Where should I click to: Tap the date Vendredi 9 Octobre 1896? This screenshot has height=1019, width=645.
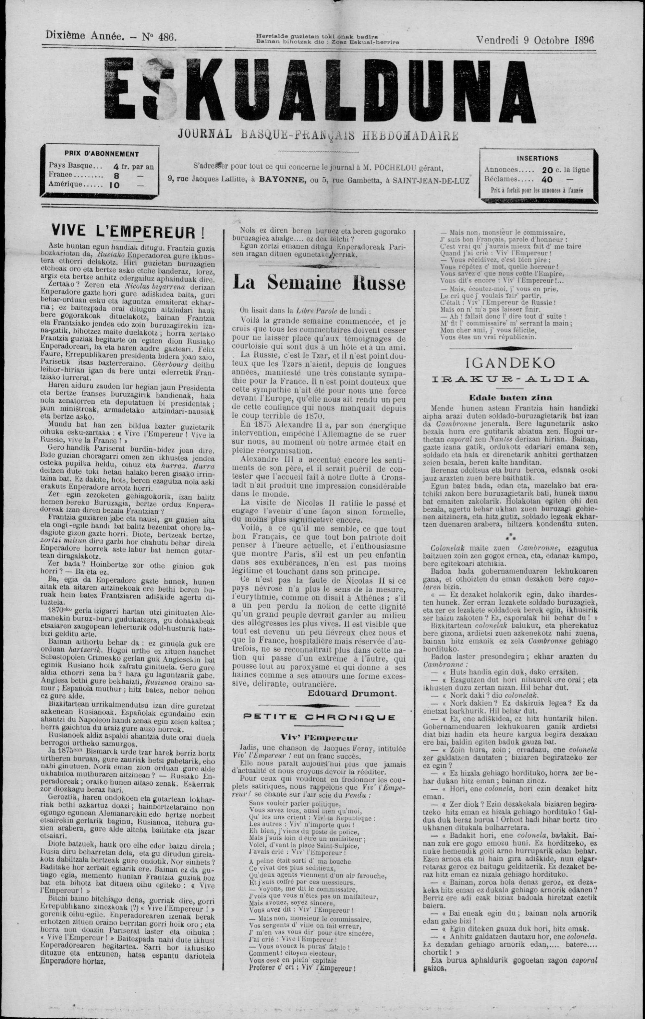pyautogui.click(x=535, y=40)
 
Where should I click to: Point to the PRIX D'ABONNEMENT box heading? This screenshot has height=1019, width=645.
pyautogui.click(x=101, y=154)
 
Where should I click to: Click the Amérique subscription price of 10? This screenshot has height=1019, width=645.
pyautogui.click(x=115, y=185)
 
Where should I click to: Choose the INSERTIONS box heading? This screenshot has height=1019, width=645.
pyautogui.click(x=537, y=158)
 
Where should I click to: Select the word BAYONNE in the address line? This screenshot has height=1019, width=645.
pyautogui.click(x=282, y=180)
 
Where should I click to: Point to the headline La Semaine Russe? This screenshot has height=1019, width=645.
pyautogui.click(x=319, y=283)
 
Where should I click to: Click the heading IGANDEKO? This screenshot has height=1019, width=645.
pyautogui.click(x=510, y=363)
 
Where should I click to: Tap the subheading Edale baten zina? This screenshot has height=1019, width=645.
pyautogui.click(x=510, y=397)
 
